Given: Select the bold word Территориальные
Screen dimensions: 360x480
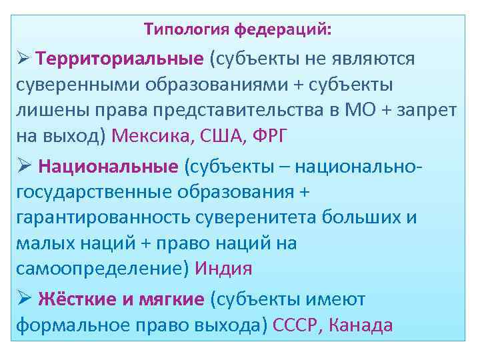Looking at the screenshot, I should [120, 59].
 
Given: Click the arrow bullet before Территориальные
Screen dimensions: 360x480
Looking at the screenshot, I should [21, 59].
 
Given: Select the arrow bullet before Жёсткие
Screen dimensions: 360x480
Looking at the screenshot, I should [21, 299].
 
